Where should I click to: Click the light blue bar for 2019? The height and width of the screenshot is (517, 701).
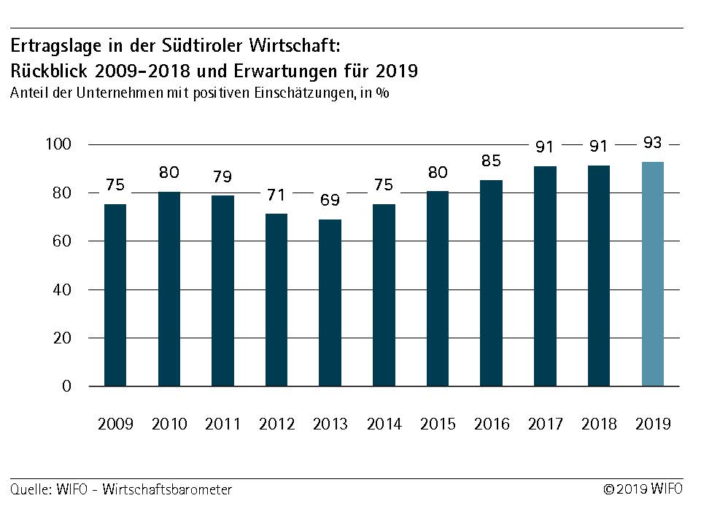coord(652,273)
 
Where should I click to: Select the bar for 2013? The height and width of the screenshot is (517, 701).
coord(330,302)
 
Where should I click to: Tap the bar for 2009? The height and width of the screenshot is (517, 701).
coord(115,295)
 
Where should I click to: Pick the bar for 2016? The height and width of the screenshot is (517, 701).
coord(492,283)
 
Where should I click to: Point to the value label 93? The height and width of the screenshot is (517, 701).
coord(653,144)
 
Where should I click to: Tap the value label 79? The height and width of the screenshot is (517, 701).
coord(222,178)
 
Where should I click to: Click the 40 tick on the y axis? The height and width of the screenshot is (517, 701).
coord(63,289)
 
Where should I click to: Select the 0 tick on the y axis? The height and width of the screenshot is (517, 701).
coord(67,386)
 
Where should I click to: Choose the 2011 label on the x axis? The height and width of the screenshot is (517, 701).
coord(222,424)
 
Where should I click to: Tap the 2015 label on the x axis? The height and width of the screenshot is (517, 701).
coord(438,424)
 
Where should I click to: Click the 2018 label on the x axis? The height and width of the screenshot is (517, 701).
coord(599,424)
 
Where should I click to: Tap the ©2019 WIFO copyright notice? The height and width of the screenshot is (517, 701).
coord(643,489)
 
